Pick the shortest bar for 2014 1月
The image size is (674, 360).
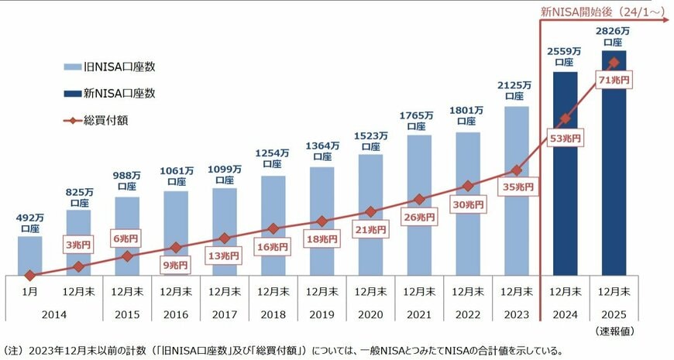coord(29,255)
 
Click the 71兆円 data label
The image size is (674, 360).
coord(613,79)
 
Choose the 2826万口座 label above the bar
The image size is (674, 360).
coord(614,37)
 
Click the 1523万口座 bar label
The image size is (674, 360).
coord(370,140)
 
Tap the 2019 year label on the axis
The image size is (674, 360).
coord(322,316)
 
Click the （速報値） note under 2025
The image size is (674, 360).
coord(614,332)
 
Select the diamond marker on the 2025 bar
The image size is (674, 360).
coord(614,62)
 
